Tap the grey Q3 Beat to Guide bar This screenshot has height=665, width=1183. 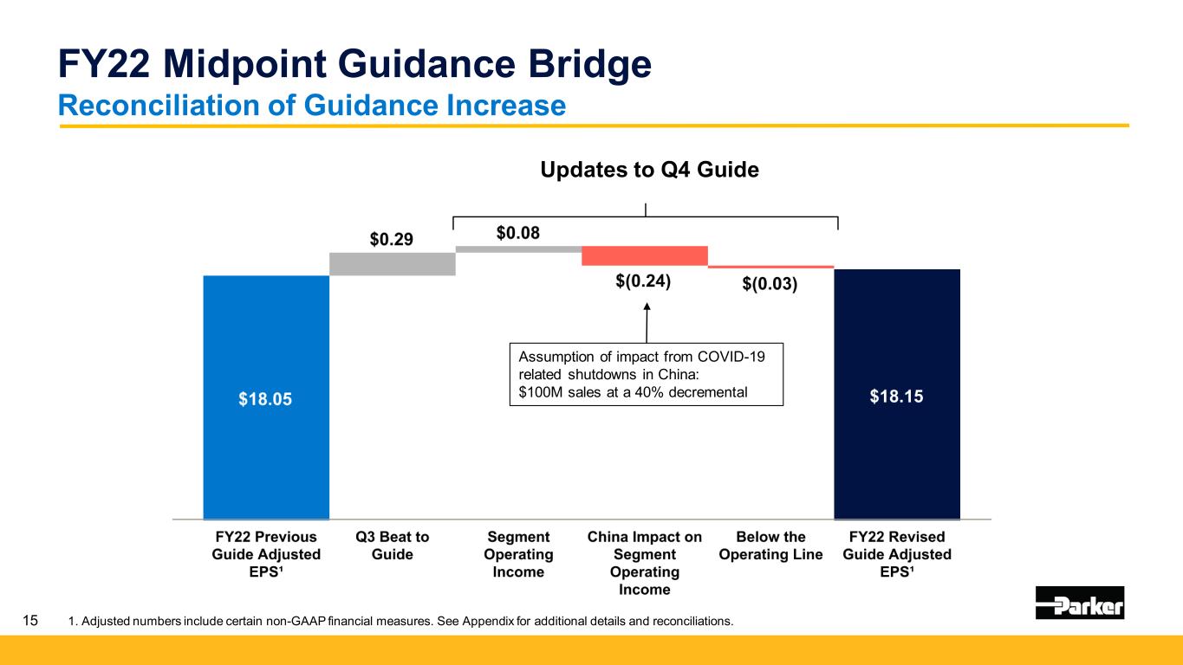[x=393, y=263]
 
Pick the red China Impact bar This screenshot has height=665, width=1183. [x=645, y=255]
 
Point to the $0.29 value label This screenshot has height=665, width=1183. [x=393, y=239]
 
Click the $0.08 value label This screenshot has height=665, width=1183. [x=518, y=232]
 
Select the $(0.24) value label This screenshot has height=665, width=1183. [x=645, y=281]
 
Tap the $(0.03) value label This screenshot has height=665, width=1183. [x=770, y=283]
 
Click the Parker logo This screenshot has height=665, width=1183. [x=1079, y=603]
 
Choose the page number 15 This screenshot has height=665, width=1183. [x=31, y=621]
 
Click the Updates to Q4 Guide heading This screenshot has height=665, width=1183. [x=649, y=170]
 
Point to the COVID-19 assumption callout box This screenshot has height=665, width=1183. [x=645, y=375]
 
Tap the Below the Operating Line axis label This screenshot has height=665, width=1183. [x=770, y=546]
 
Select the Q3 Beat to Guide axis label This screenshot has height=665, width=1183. [x=393, y=546]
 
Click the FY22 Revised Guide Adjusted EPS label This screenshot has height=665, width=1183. [x=896, y=554]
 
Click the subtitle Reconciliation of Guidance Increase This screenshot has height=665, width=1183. [x=311, y=105]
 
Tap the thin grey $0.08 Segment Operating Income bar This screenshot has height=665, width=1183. [x=518, y=249]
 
